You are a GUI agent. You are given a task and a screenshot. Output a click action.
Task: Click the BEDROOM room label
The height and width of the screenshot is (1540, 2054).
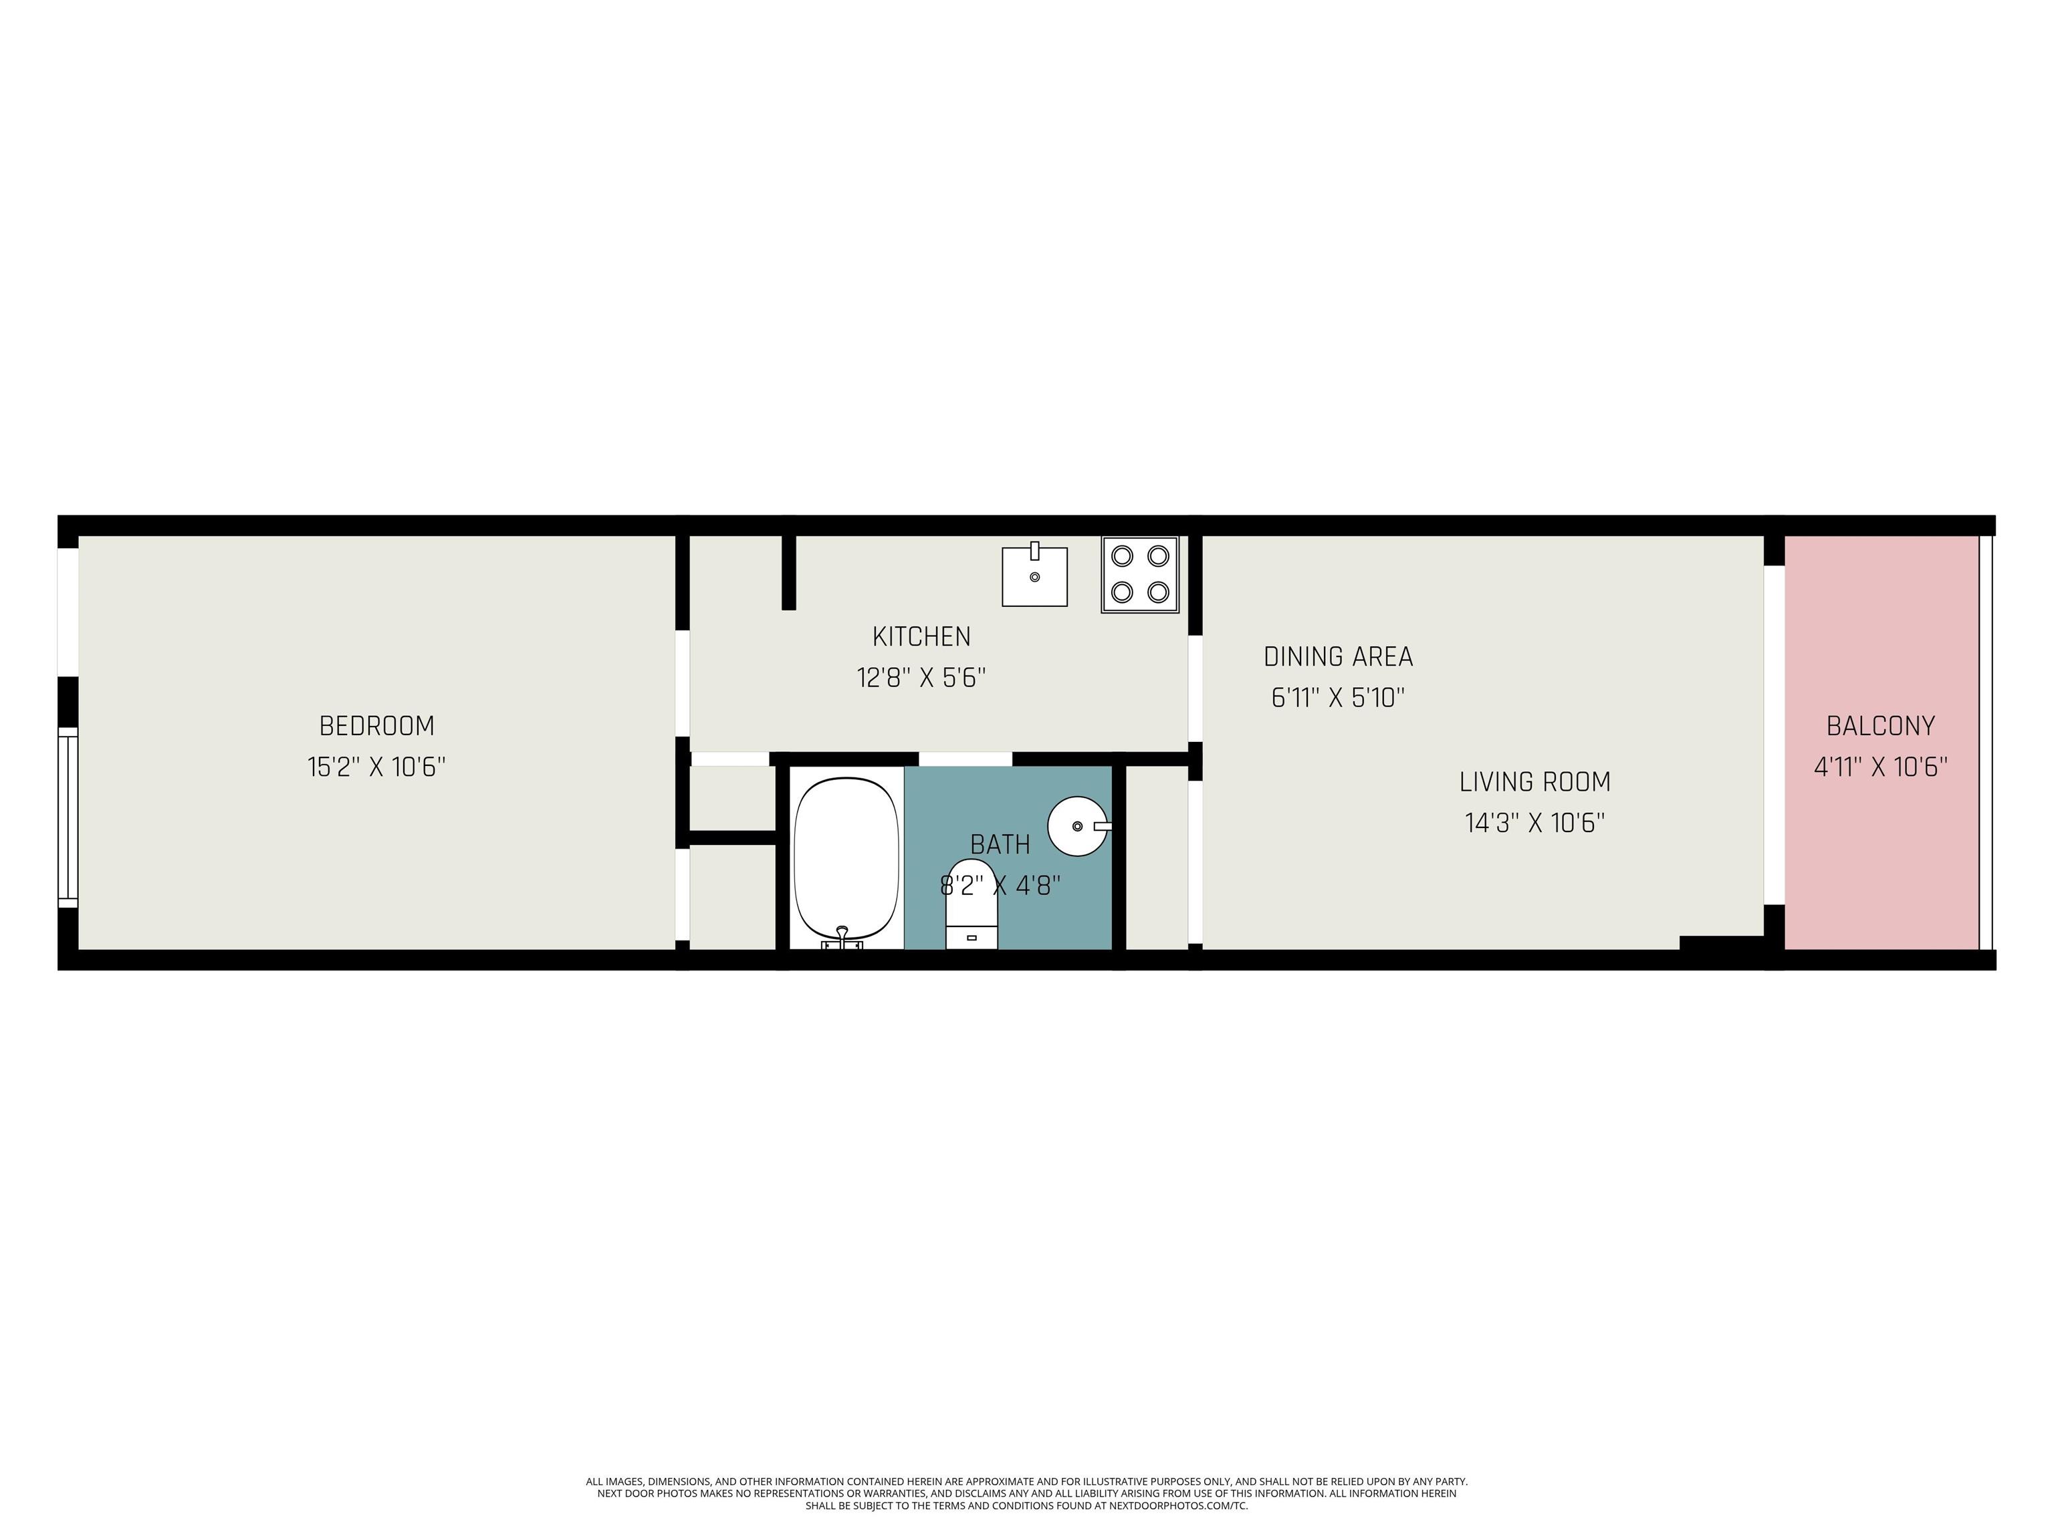(x=376, y=725)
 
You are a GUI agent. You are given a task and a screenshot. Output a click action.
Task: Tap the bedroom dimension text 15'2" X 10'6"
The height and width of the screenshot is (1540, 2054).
(x=376, y=767)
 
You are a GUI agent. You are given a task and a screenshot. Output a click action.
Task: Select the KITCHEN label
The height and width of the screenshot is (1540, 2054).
(x=921, y=637)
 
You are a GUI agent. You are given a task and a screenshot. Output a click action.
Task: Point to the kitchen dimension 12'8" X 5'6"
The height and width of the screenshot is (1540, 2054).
(x=921, y=678)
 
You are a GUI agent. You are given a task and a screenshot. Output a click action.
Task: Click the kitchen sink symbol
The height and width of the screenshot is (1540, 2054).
(x=1034, y=575)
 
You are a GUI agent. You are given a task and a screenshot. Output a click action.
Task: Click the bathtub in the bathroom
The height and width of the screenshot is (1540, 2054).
(x=846, y=859)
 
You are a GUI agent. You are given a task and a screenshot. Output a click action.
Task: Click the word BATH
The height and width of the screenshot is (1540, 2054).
(x=1000, y=845)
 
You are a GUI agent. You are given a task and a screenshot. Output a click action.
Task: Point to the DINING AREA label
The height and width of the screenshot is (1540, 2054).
(x=1338, y=657)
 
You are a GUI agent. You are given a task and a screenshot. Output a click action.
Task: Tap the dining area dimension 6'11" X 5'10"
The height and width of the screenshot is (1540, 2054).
(x=1338, y=698)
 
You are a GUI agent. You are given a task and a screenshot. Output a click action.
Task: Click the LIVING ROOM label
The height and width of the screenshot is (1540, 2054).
(x=1535, y=781)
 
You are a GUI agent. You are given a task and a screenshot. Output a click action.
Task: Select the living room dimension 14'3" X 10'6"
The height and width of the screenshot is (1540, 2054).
(x=1535, y=822)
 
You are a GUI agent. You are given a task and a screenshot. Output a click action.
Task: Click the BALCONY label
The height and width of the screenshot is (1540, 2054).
(x=1880, y=725)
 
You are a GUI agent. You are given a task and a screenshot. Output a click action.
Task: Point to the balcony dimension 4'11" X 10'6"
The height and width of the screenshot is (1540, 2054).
(x=1880, y=767)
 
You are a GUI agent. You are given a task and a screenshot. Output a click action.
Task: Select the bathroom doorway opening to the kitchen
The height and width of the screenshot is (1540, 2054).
(x=965, y=759)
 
